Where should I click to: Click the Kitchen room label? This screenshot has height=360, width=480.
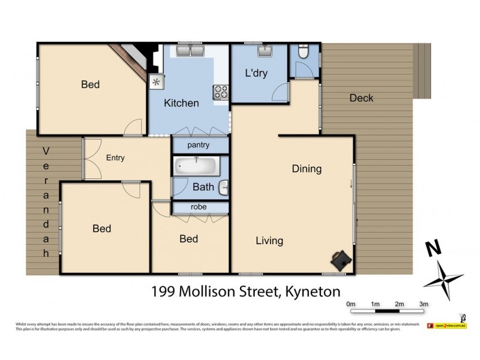pos(181,103)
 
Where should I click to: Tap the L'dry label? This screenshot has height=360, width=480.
pos(256,74)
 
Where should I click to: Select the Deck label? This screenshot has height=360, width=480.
pos(361,98)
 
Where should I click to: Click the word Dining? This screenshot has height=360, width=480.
pos(307,169)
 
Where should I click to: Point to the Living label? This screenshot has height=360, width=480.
pos(269,241)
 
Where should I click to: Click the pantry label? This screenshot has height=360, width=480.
pos(199,145)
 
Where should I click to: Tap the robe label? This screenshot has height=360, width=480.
pos(199,207)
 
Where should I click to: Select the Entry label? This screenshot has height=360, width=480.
pos(115,158)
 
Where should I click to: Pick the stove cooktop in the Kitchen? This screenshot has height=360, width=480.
pos(220,92)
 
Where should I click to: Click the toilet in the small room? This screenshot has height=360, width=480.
pos(302,53)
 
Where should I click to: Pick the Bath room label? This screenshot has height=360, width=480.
pos(203,187)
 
